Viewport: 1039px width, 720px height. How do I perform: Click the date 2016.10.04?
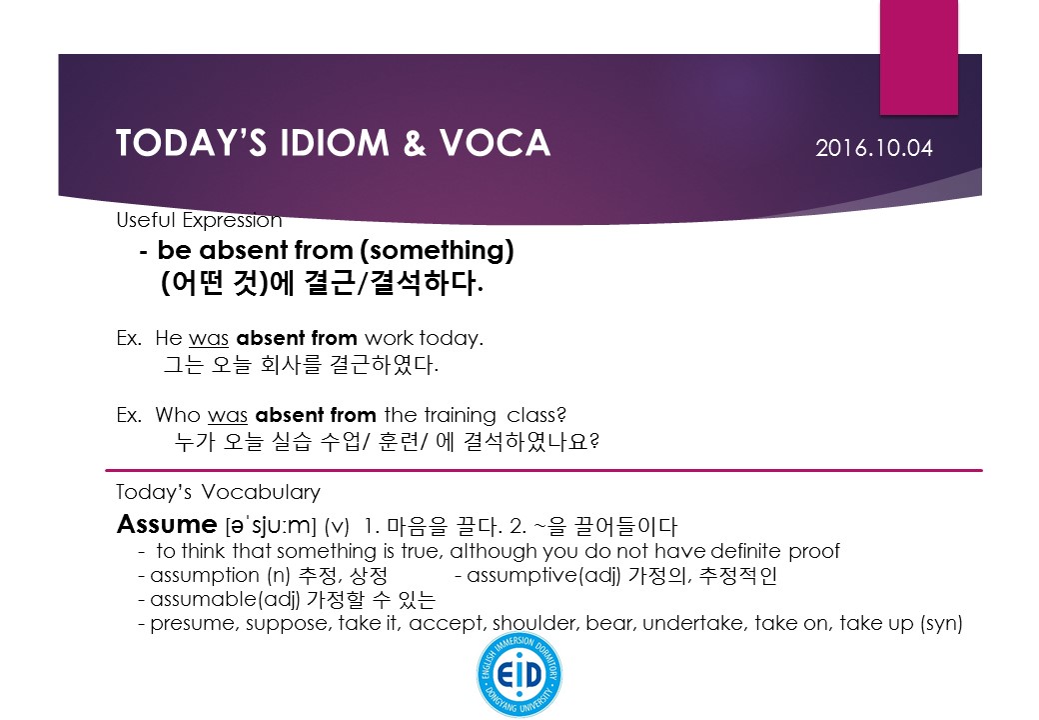874,148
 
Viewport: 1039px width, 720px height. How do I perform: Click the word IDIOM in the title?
334,143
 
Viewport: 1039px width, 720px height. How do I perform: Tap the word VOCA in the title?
495,143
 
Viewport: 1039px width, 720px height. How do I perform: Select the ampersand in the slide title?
415,143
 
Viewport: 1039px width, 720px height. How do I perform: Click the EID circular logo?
519,674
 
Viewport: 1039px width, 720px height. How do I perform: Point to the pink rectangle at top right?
918,57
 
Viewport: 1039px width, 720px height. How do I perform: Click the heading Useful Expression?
199,220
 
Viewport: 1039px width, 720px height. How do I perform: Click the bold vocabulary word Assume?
166,524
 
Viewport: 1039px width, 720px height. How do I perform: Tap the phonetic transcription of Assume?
271,526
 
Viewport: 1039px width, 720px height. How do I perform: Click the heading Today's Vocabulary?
218,492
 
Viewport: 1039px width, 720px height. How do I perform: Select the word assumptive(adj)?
543,575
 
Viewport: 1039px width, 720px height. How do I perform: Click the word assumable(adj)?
225,599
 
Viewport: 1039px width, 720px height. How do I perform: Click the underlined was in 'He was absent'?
209,339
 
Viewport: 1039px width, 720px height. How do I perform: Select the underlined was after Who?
228,416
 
